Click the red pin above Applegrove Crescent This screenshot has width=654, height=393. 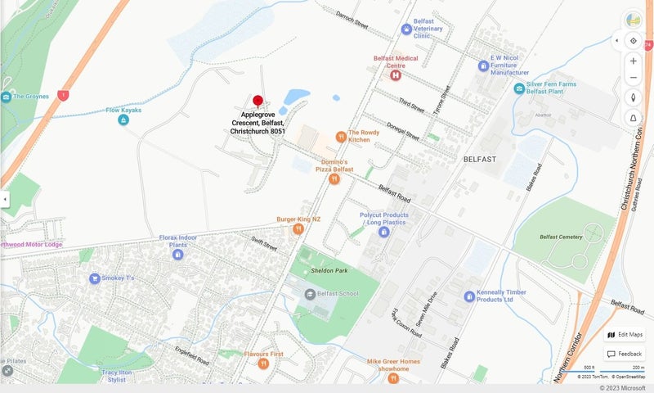pos(258,102)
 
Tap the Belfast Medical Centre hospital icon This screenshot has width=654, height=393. pos(396,75)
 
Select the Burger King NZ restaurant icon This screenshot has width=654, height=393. pos(298,229)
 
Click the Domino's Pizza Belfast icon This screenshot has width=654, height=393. pos(334,178)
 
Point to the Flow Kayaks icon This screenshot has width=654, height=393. pos(123,120)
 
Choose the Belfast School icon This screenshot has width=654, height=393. pos(310,294)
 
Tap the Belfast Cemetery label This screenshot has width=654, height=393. pos(561,237)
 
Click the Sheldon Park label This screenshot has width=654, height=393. pos(329,270)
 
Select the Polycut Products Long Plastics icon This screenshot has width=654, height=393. pos(383,233)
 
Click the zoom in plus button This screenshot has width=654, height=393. pos(633,61)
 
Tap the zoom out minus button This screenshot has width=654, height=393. pos(633,78)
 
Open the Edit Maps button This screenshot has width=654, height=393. pos(625,334)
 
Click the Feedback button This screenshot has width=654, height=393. pos(625,354)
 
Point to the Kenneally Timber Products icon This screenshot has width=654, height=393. pos(469,296)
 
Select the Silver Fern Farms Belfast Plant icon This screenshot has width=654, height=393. pos(519,88)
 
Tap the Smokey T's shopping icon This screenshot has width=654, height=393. pos(95,278)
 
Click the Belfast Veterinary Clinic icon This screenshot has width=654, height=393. pos(406,29)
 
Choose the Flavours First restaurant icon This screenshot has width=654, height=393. pos(263,364)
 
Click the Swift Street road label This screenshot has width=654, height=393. pos(265,243)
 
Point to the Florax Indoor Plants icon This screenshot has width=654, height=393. pos(177,255)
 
